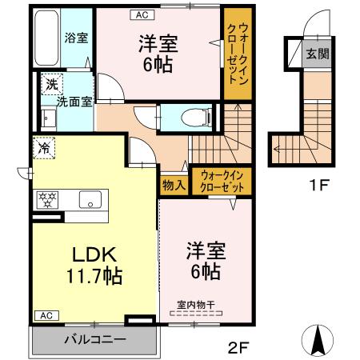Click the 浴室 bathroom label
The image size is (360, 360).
(77, 38)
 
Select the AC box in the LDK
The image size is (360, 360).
(45, 316)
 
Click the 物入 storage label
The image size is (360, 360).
(174, 184)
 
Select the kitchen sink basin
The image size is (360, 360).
(90, 200)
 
